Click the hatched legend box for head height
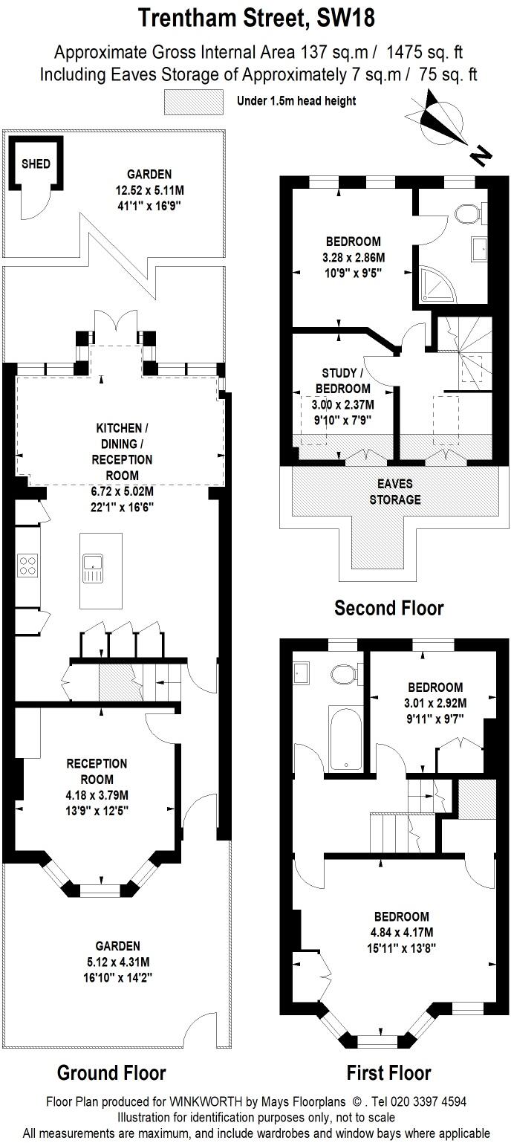(x=193, y=101)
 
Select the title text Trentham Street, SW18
(x=255, y=18)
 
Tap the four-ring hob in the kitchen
(x=27, y=566)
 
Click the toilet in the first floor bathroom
(x=344, y=675)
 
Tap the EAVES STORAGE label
(x=396, y=493)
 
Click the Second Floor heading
(x=388, y=608)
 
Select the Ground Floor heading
(x=111, y=1072)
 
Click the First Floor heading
(x=388, y=1072)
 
